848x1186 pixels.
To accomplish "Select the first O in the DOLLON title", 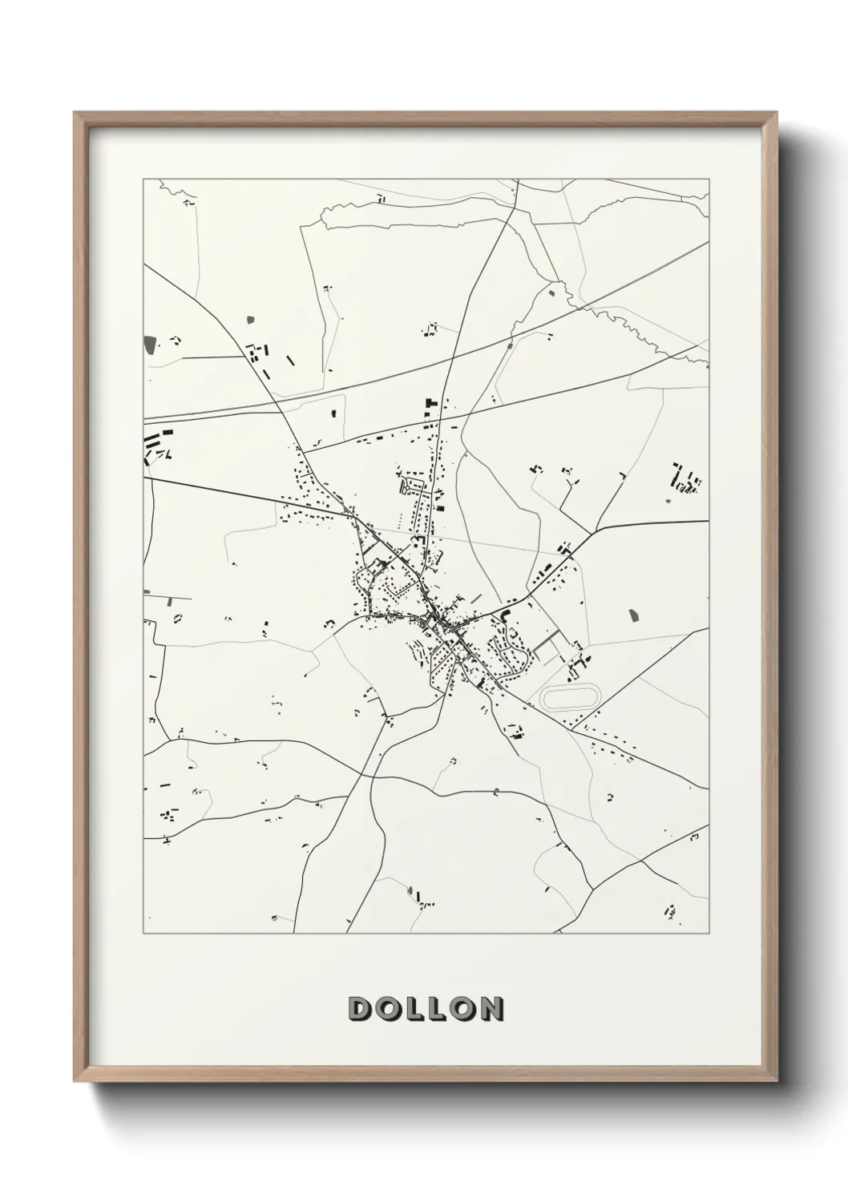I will coord(390,1009).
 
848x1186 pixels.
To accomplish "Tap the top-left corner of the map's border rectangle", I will coord(143,180).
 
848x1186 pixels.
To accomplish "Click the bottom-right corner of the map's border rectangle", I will coord(709,934).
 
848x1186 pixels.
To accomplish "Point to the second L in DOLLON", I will coord(440,1009).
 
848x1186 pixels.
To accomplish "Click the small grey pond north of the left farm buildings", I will coord(249,319).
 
